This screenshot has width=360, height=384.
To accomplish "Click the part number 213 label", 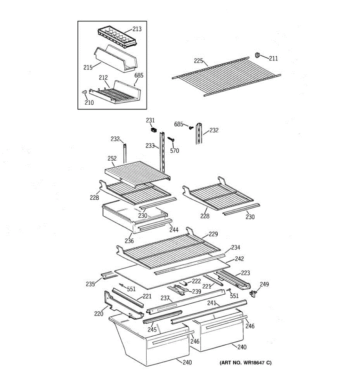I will [x=137, y=29].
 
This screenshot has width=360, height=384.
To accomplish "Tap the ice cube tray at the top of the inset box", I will [x=116, y=37].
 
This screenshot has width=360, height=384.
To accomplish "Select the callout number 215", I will [x=88, y=68].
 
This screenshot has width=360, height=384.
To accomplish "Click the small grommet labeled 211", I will [x=257, y=55].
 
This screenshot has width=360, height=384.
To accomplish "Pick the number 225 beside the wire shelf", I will [x=198, y=61].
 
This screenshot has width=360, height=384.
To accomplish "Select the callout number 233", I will [x=150, y=146].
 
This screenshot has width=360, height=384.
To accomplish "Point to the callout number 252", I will [x=112, y=158].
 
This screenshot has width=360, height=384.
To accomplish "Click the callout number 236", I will [x=129, y=241].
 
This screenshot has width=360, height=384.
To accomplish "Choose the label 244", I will [x=174, y=230].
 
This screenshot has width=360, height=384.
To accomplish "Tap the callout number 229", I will [x=213, y=234].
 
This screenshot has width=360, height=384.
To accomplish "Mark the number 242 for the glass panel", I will [x=239, y=259].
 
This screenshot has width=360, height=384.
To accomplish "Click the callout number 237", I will [x=165, y=298].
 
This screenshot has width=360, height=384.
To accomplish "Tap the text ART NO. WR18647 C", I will [x=245, y=363].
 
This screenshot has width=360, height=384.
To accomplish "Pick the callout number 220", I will [x=99, y=314].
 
